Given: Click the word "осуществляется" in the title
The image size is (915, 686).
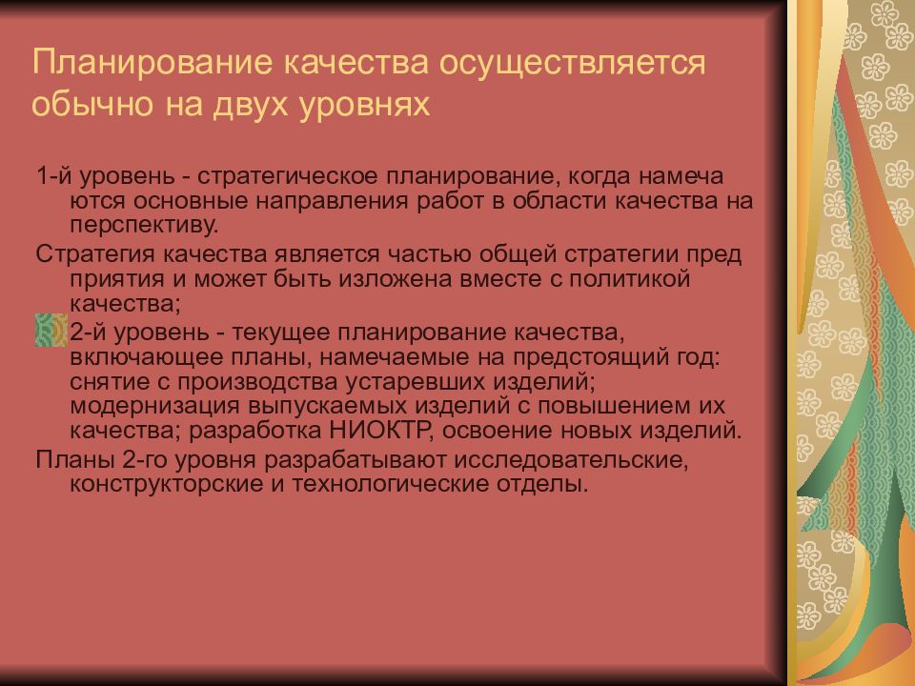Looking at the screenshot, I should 571,65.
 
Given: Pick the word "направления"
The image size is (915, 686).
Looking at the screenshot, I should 332,201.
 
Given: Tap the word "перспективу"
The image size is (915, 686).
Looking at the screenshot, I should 143,226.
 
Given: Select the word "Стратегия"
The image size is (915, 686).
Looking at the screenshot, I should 93,256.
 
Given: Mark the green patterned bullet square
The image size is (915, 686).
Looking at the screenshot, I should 51,330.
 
